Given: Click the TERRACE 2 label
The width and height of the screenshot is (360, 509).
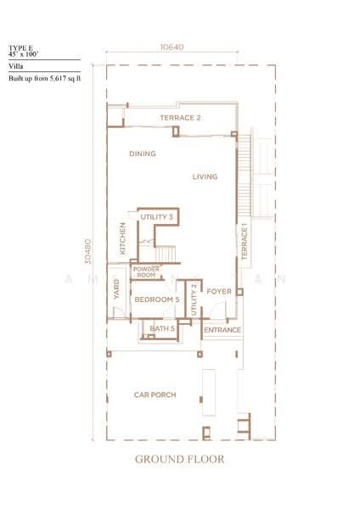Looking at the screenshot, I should [180, 117].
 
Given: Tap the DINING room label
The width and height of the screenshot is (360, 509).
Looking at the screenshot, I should [142, 154].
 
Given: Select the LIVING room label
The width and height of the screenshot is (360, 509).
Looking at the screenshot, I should [205, 176].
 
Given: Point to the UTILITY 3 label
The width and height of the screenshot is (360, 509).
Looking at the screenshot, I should [157, 217].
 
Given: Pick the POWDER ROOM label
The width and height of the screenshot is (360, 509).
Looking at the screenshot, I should [146, 272].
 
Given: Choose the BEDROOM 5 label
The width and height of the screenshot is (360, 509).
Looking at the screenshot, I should [157, 299].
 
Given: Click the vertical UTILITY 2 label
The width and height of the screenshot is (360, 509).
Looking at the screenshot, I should [194, 299].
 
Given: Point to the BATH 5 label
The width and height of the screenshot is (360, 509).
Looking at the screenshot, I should [161, 328].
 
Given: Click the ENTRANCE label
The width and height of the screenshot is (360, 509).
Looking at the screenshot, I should [222, 329].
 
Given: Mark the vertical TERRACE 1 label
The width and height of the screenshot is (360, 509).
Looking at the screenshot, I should [243, 242].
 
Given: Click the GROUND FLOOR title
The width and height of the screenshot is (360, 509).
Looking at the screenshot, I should [179, 461].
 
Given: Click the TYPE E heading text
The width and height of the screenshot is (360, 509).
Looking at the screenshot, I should [20, 48].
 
